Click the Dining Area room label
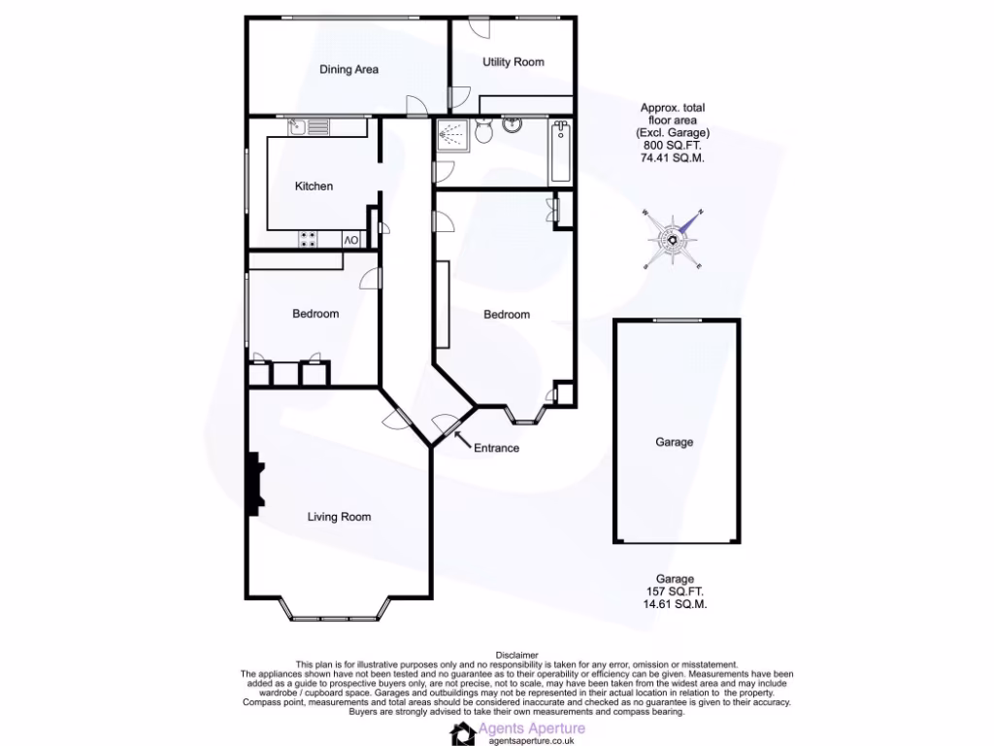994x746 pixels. pyautogui.click(x=348, y=70)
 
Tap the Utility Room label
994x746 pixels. pyautogui.click(x=514, y=62)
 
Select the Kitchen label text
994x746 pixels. pyautogui.click(x=314, y=186)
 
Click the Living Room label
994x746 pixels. pyautogui.click(x=339, y=517)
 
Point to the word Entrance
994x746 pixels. pyautogui.click(x=496, y=448)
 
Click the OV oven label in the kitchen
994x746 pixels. pyautogui.click(x=350, y=240)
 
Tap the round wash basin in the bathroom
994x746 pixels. pyautogui.click(x=514, y=124)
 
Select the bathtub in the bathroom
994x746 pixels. pyautogui.click(x=561, y=153)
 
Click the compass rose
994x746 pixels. pyautogui.click(x=672, y=238)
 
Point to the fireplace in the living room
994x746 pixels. pyautogui.click(x=254, y=485)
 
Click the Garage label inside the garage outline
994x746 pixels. pyautogui.click(x=674, y=442)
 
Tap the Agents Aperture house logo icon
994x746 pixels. pyautogui.click(x=464, y=732)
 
